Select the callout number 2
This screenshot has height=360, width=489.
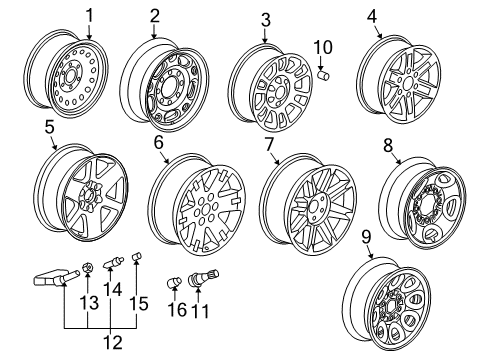(155, 15)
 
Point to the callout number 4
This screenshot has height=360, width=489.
(372, 16)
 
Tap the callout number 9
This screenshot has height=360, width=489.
(365, 237)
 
